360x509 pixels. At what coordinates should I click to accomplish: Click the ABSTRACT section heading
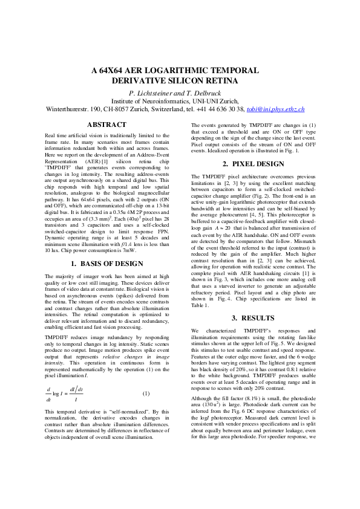[x=107, y=125]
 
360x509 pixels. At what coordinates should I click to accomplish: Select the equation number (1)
[x=145, y=394]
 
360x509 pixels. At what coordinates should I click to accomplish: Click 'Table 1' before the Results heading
[x=201, y=305]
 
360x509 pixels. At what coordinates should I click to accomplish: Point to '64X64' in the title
[x=114, y=70]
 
